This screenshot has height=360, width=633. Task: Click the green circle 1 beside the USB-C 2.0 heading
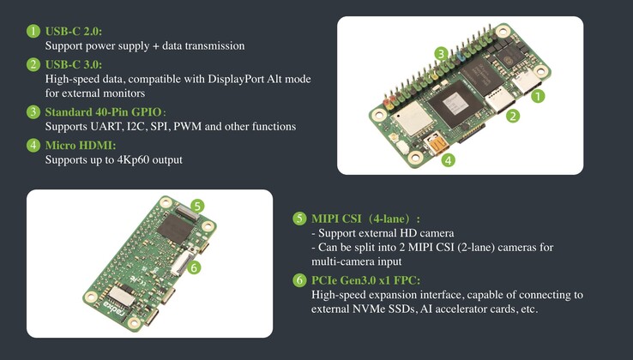(x=33, y=31)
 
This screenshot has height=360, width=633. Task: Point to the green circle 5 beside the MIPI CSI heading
(x=299, y=219)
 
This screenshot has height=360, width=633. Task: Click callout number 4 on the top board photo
(x=449, y=159)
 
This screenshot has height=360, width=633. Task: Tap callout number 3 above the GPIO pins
(x=440, y=53)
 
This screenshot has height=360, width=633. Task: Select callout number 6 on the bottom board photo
(x=195, y=267)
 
